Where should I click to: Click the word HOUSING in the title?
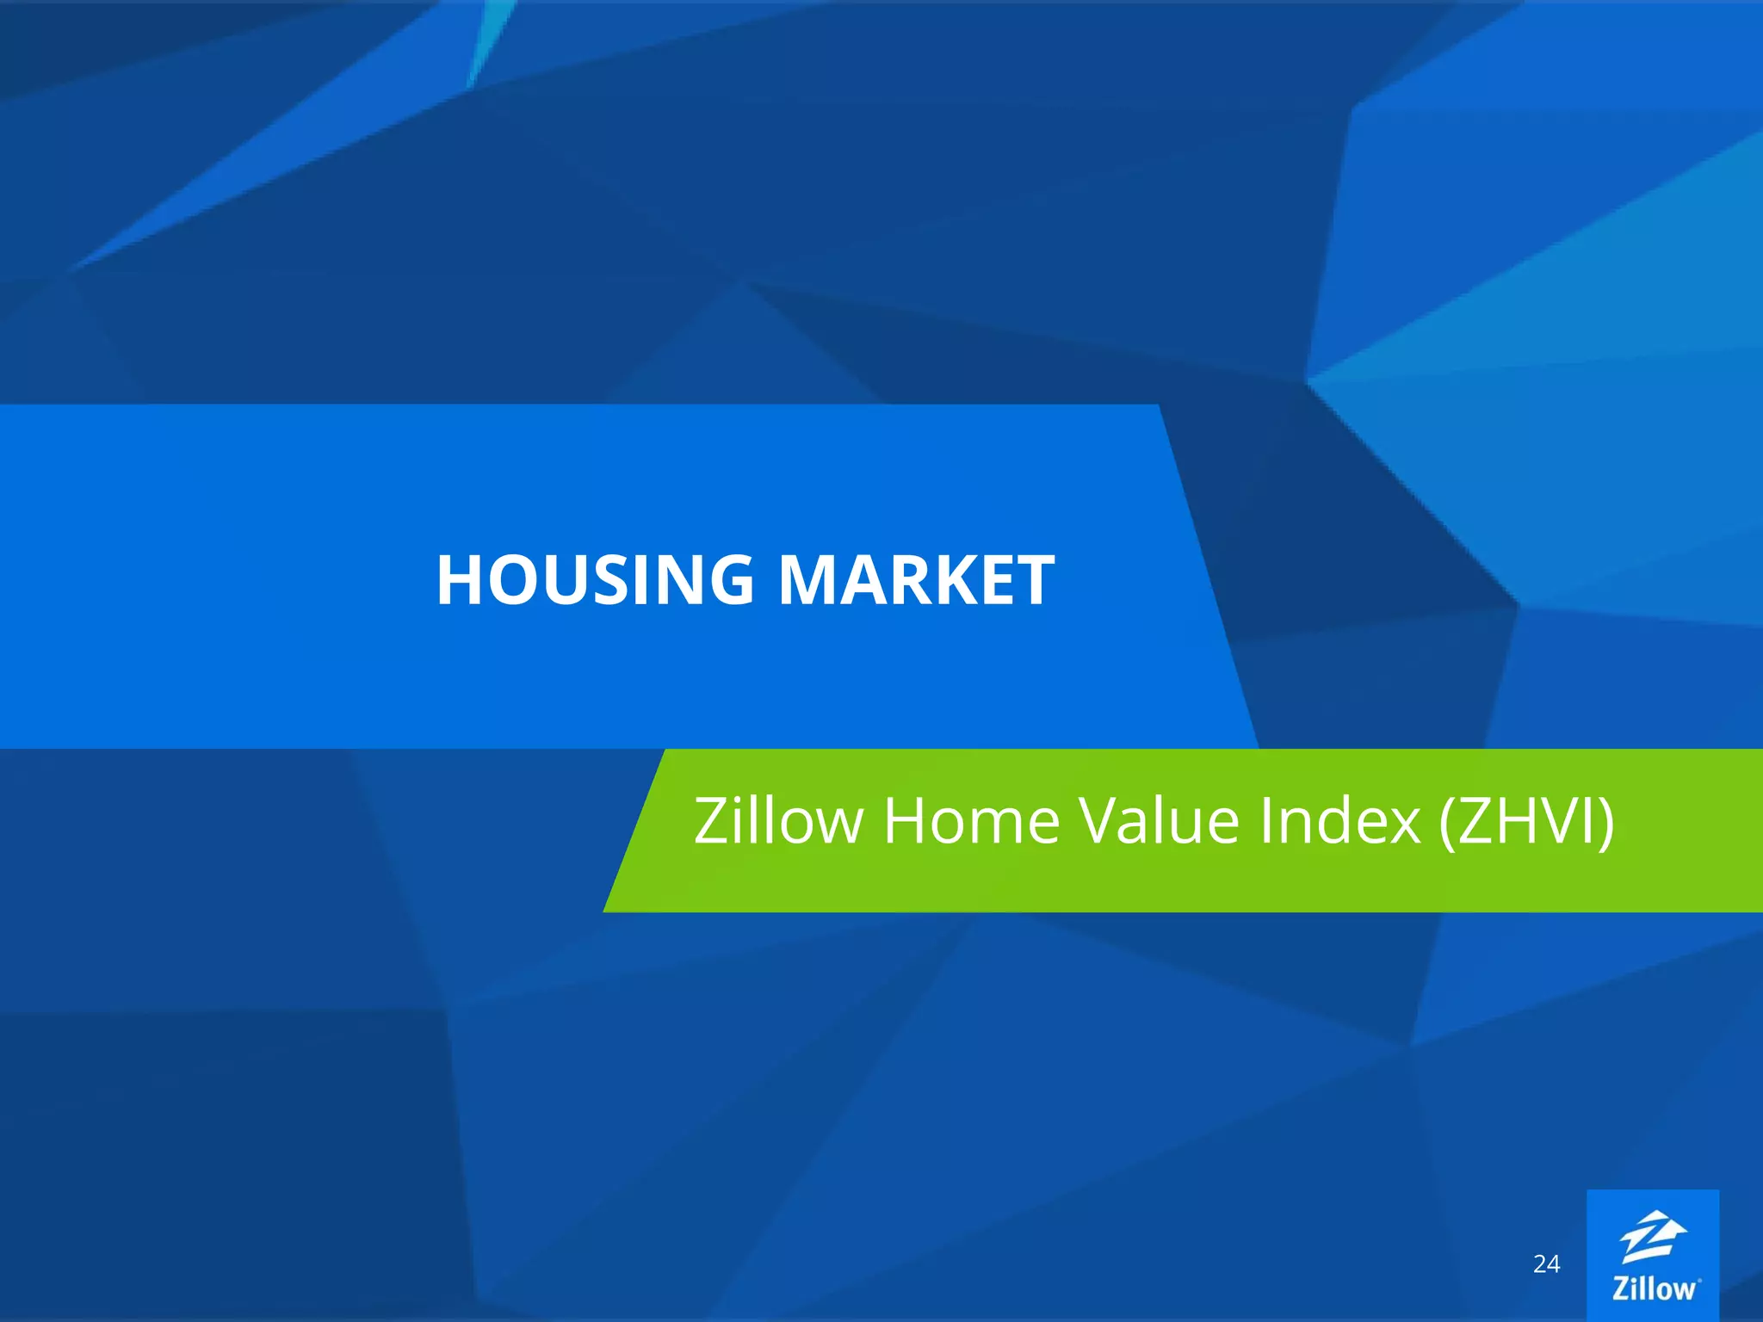[595, 579]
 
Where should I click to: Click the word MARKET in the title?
[916, 579]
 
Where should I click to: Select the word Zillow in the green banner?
[778, 820]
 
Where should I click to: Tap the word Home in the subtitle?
[972, 820]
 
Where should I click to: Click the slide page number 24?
[1546, 1263]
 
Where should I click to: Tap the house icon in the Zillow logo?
[1653, 1238]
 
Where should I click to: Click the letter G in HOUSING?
[725, 579]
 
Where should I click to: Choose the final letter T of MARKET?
[1032, 579]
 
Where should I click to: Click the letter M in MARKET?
[813, 579]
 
